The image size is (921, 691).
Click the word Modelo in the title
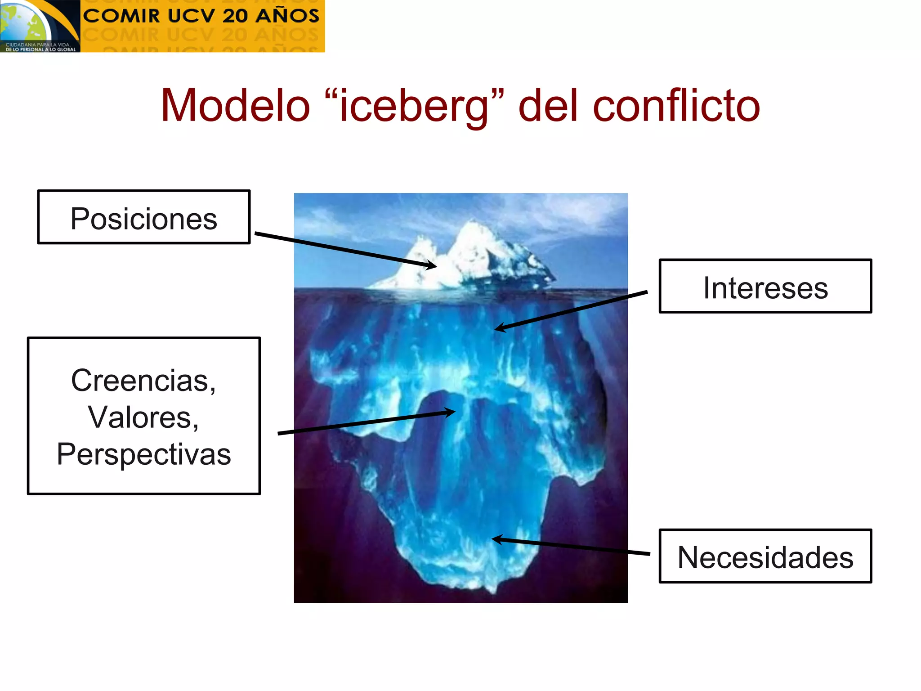pyautogui.click(x=236, y=106)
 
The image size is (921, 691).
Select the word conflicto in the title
pyautogui.click(x=676, y=106)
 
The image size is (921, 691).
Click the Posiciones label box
pyautogui.click(x=144, y=217)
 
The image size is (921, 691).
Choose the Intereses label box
pyautogui.click(x=765, y=287)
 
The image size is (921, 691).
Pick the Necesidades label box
pyautogui.click(x=765, y=556)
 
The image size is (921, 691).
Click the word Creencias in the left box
pyautogui.click(x=143, y=381)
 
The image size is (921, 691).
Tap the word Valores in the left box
pyautogui.click(x=143, y=417)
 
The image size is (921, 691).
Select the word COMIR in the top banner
pyautogui.click(x=121, y=16)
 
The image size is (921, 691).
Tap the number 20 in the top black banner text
pyautogui.click(x=235, y=16)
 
